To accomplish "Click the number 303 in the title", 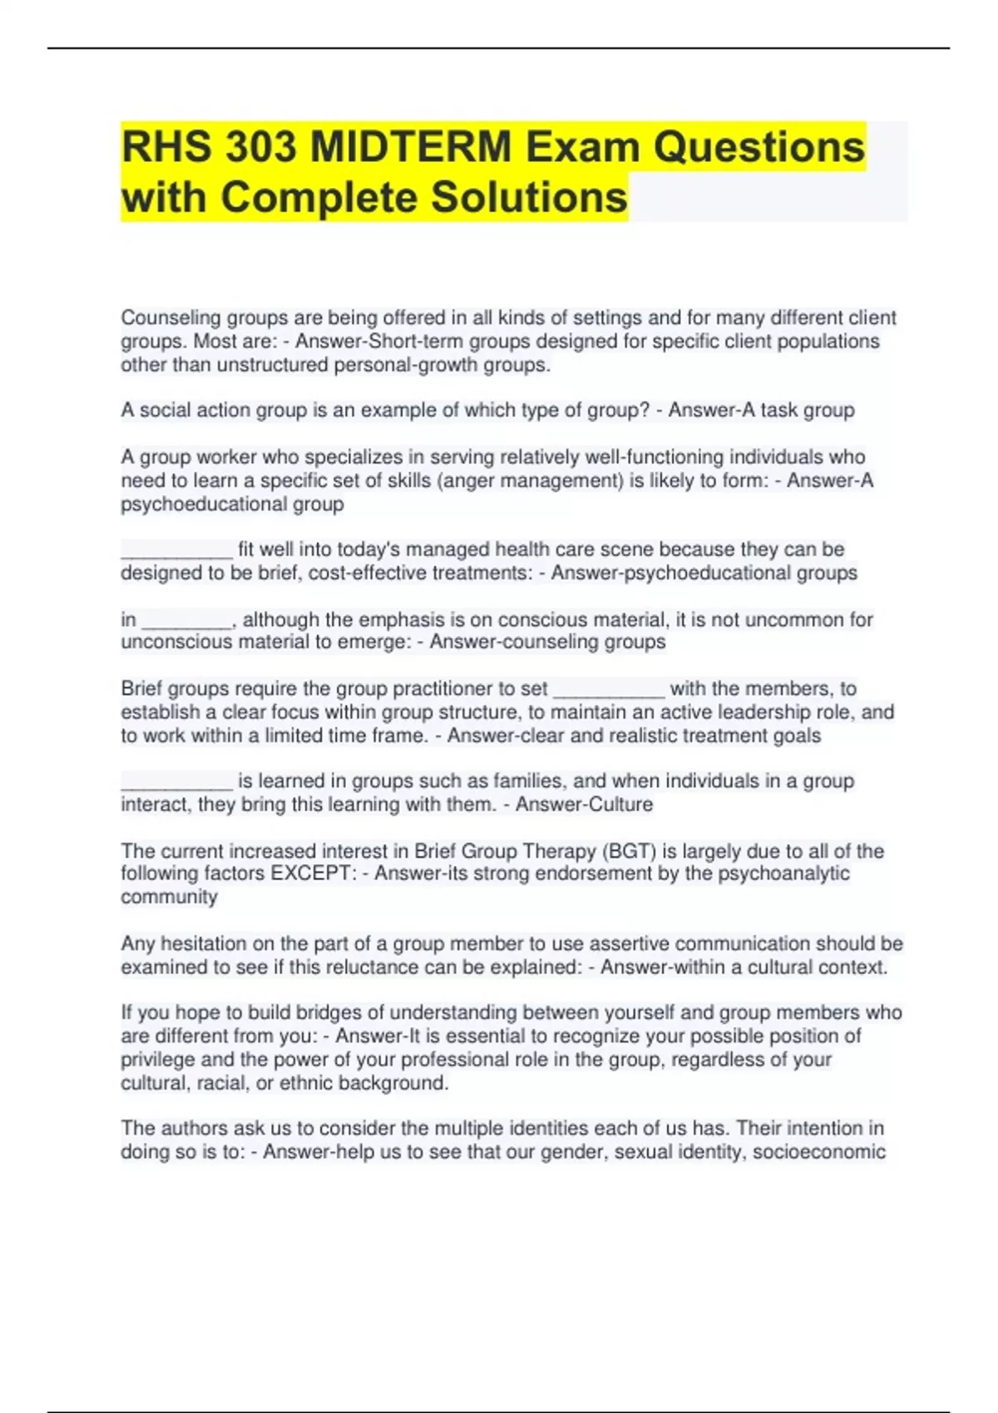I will click(261, 148).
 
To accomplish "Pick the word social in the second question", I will click(166, 411).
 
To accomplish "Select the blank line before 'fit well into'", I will click(176, 550).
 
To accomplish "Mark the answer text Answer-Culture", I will click(584, 805).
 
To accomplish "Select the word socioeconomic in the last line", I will click(819, 1152).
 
